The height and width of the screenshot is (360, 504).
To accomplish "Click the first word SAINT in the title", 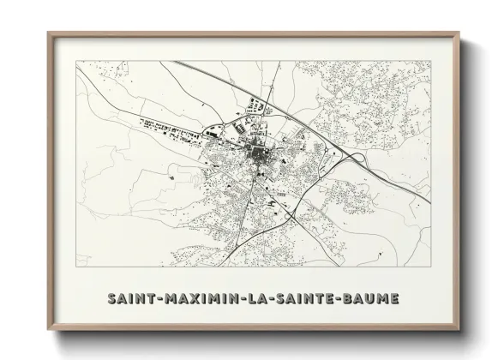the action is (131, 298).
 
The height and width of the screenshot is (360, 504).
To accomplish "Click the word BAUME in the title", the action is (370, 298).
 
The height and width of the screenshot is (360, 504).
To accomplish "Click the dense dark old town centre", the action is (257, 155).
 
